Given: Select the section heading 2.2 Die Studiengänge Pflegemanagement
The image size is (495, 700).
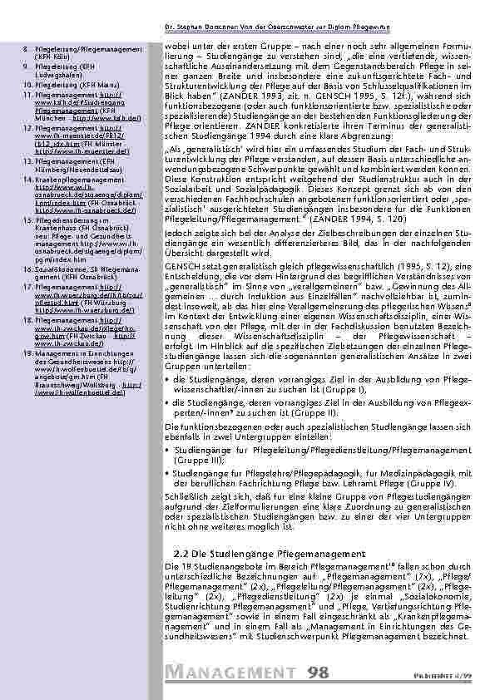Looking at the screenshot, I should (x=271, y=553).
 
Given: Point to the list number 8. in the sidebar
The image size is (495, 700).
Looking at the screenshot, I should (x=27, y=51).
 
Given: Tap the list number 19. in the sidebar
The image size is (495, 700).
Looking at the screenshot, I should (x=28, y=353).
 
